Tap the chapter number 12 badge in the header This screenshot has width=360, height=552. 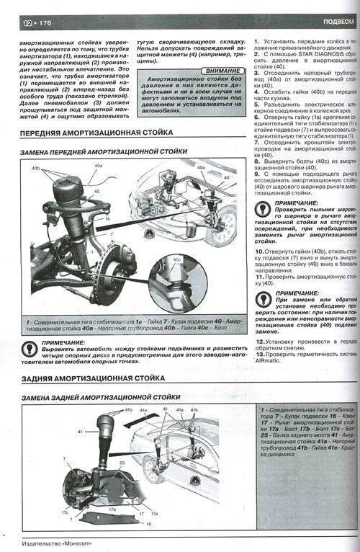tap(28, 24)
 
